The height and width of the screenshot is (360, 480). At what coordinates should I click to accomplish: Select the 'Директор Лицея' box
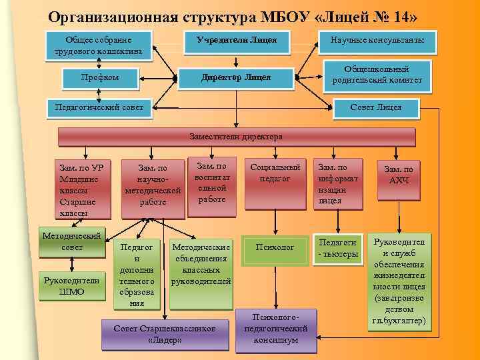coord(237,78)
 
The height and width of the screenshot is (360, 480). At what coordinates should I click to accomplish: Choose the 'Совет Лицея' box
coord(376,107)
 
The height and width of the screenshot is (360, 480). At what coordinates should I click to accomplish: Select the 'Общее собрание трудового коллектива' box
coord(99,45)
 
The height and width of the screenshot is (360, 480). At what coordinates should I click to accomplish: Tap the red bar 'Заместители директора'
coord(236,137)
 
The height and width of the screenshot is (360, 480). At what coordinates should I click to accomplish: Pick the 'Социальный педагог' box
coord(275,175)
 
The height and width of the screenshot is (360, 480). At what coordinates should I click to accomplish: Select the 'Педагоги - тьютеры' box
coord(339,248)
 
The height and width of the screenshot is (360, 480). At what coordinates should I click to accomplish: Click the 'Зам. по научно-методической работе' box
coord(153,187)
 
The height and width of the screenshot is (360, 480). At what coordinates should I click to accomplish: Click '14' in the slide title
coord(404,16)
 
